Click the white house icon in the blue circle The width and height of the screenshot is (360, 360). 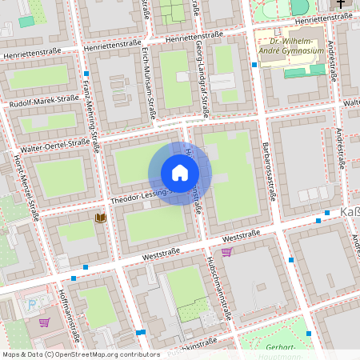click(x=180, y=173)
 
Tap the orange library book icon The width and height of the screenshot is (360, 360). click(x=101, y=218)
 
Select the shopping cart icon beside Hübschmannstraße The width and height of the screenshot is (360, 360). click(x=226, y=252)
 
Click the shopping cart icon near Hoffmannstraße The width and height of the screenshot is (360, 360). click(x=44, y=322)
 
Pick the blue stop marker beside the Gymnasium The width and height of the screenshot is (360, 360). click(x=254, y=66)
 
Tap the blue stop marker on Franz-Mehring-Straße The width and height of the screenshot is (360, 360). click(x=86, y=74)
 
